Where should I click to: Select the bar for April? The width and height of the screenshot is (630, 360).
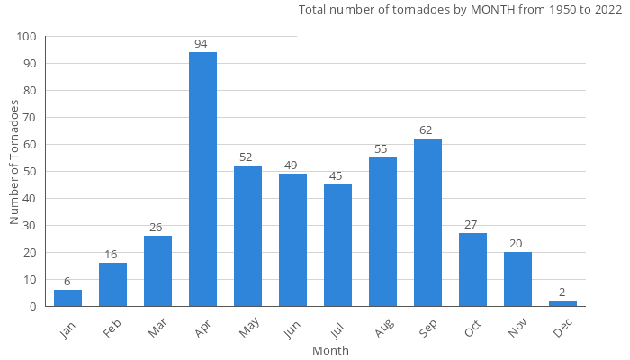tap(202, 180)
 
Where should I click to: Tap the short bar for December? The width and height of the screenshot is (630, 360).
tap(562, 303)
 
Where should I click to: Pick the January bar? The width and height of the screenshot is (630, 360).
tap(67, 298)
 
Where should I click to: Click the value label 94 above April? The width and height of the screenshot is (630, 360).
tap(202, 44)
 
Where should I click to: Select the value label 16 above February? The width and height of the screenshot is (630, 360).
tap(112, 255)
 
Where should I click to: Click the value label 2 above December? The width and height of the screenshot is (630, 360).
tap(562, 292)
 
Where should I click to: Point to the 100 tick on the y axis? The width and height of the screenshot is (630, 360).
tap(26, 37)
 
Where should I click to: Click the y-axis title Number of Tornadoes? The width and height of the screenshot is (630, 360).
tap(14, 163)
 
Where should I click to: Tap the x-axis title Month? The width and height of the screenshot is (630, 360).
tap(330, 350)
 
